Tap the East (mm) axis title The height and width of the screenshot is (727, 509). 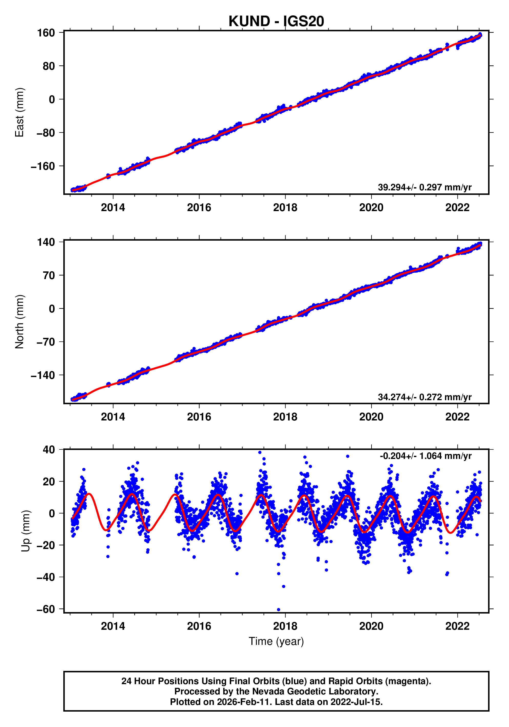pos(20,112)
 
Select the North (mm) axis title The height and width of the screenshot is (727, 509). pos(20,322)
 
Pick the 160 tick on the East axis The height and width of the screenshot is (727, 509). pos(46,33)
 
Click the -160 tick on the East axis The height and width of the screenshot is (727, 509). pos(43,166)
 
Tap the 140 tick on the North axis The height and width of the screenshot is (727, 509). pos(46,242)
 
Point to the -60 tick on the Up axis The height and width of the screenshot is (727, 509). pos(46,609)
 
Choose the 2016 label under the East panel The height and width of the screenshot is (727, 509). pos(199,208)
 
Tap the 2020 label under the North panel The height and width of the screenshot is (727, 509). pos(371,417)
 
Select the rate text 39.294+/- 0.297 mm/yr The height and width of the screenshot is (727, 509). pos(424,188)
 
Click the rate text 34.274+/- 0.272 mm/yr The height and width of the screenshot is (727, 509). pos(424,397)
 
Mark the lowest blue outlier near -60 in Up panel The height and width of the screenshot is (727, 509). pos(278,610)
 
